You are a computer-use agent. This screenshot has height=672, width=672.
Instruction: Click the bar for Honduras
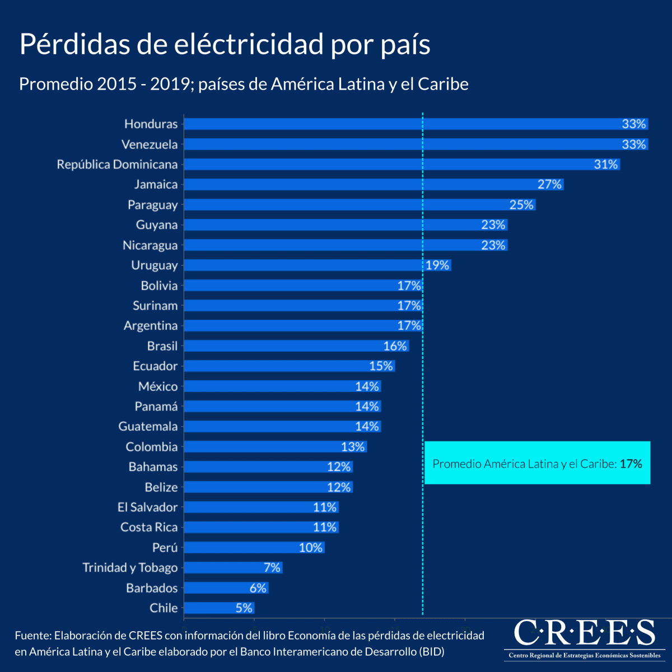pos(392,124)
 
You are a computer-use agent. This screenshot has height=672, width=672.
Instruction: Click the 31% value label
pos(606,164)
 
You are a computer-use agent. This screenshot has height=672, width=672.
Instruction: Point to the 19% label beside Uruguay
pos(437,265)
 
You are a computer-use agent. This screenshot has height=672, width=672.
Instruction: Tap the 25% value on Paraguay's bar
pos(521,204)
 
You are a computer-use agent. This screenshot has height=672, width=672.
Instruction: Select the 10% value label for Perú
pos(310,547)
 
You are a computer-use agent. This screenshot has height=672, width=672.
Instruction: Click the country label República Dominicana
pos(117,164)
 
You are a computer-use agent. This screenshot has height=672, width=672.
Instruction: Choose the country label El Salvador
pos(147,507)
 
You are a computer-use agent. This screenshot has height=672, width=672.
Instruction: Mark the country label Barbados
pos(152,587)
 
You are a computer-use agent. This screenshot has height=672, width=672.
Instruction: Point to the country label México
pos(158,386)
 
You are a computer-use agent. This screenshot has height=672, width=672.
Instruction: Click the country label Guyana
pos(156,225)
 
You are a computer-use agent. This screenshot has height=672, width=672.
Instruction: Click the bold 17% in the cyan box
pos(631,464)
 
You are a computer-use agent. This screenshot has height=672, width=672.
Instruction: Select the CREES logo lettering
pos(584,633)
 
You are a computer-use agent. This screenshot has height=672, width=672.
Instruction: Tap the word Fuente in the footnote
pos(32,636)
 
